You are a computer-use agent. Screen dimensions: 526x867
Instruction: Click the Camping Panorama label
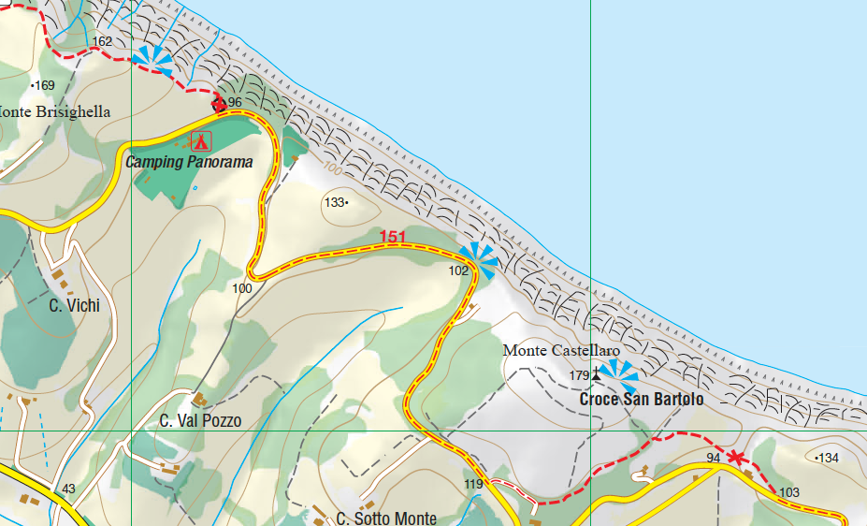[190, 162]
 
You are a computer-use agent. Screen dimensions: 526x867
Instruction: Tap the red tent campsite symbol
[200, 141]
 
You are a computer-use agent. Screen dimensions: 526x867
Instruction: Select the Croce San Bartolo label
[641, 399]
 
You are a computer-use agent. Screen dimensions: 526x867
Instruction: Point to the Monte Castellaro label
[561, 351]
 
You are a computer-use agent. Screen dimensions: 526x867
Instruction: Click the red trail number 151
[393, 238]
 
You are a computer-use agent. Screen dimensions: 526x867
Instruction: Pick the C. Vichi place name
[74, 305]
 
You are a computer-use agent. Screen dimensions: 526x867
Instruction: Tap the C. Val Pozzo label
[200, 421]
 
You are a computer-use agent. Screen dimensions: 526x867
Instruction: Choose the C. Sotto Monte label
[386, 519]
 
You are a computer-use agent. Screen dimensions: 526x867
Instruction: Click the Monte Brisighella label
[54, 112]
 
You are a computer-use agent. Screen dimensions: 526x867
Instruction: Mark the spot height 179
[579, 375]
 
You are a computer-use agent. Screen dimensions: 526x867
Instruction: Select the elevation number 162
[102, 42]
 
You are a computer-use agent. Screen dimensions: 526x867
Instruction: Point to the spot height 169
[45, 85]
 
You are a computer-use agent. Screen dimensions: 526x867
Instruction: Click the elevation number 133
[334, 202]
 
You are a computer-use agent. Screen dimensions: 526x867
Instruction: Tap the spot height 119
[473, 484]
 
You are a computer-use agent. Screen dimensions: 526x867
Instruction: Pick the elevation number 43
[68, 489]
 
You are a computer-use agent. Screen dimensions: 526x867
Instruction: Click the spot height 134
[829, 458]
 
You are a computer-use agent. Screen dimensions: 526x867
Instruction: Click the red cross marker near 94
[737, 458]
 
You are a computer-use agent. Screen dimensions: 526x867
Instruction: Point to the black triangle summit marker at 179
[597, 375]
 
